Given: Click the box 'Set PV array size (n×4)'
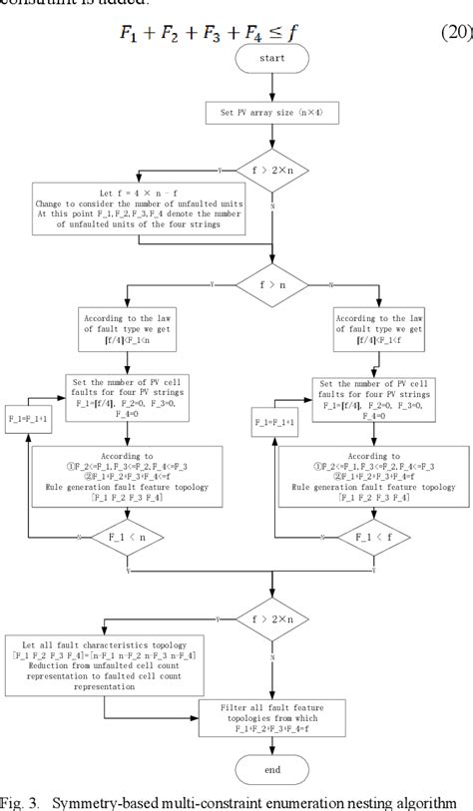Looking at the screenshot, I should pos(272,114).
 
